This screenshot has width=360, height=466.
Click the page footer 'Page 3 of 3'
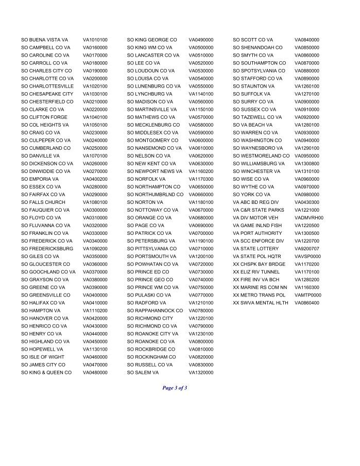pos(175,388)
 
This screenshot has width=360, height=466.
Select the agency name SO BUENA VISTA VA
pos(44,40)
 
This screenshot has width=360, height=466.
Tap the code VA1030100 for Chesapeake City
pos(95,94)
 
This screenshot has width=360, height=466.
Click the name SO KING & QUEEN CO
pos(46,372)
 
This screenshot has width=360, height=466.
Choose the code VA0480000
pos(95,372)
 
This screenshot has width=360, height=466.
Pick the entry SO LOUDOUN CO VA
pos(152,71)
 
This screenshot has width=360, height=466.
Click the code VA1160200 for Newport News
pos(201,171)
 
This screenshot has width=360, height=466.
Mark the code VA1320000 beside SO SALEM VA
pos(201,372)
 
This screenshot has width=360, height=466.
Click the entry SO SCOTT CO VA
pos(253,40)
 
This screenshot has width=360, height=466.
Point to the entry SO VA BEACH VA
pos(253,125)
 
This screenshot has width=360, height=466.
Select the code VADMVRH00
pos(309,218)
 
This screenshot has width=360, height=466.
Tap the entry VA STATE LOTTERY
pos(255,249)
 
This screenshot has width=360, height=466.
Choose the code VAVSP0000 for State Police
pos(307,256)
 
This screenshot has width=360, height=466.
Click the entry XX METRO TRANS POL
pos(259,295)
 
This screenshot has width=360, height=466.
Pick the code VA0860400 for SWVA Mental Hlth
pos(307,303)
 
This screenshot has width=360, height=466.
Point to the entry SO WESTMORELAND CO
pos(261,156)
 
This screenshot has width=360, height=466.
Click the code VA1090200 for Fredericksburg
pos(95,249)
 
